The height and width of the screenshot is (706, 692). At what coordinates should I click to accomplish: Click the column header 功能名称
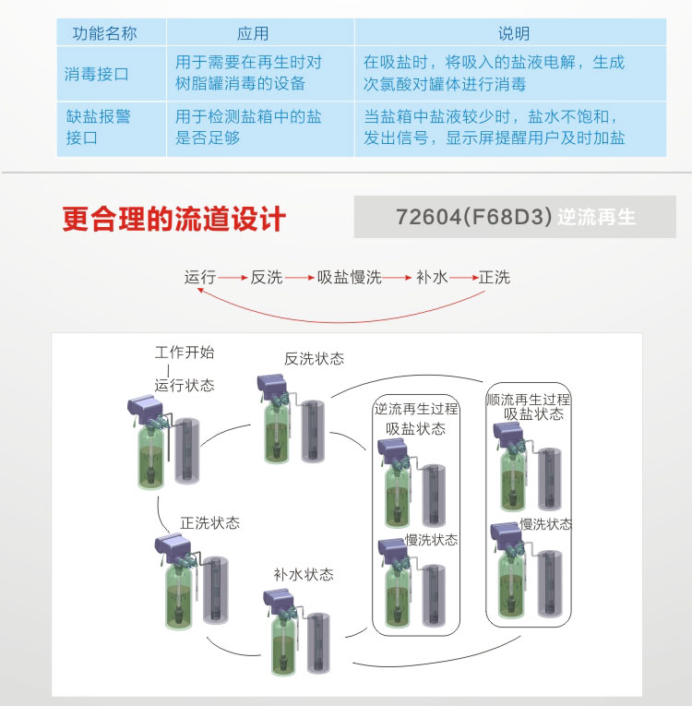pos(104,33)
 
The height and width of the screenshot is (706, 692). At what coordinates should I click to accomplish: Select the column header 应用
pos(253,33)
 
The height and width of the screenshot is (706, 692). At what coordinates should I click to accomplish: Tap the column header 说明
pos(513,33)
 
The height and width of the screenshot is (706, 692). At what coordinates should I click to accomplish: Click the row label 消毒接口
pos(96,74)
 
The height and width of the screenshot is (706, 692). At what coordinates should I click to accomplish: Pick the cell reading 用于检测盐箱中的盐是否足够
pos(248,127)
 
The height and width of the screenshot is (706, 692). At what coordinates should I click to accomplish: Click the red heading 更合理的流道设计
pos(173,220)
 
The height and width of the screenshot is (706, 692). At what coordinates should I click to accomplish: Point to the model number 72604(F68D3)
pos(473,217)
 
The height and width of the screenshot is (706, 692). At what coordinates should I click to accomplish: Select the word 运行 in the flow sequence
pos(200,277)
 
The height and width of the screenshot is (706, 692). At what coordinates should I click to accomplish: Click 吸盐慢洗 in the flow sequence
pos(350,277)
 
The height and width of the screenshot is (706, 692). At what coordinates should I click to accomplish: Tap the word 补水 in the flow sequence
pos(432,277)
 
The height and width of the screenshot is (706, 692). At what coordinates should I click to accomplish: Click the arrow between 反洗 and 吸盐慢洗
pos(299,278)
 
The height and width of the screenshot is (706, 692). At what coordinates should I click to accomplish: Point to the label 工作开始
pos(185,353)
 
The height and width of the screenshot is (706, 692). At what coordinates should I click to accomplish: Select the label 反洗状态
pos(315,359)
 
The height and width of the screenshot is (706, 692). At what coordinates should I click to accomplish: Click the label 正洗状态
pos(209,522)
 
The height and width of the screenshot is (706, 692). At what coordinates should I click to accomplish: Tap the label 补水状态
pos(304,575)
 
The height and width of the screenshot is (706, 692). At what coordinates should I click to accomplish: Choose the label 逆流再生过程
pos(416,409)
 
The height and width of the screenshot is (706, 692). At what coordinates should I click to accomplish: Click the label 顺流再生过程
pos(528,400)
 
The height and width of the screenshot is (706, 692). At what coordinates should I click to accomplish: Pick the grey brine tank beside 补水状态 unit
pos(318,643)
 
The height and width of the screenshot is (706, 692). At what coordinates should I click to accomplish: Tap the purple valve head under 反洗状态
pos(271,385)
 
